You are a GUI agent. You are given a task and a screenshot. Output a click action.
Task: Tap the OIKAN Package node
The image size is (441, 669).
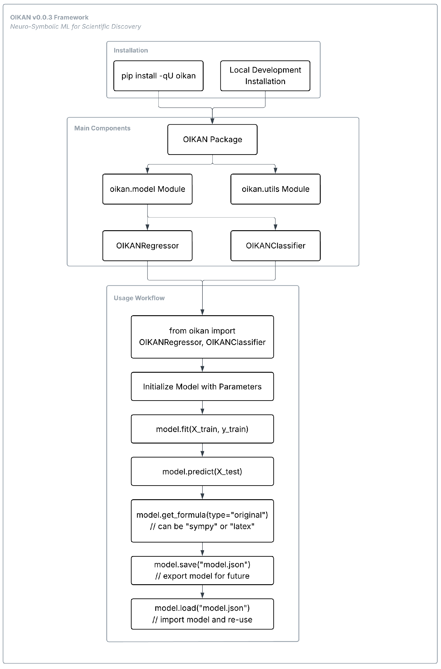pos(212,139)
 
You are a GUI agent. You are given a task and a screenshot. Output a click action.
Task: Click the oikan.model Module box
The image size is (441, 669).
pos(147,189)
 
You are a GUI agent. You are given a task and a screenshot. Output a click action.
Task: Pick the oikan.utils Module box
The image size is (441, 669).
pos(275,189)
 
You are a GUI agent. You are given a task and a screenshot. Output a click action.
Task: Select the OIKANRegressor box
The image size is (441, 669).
pos(147,246)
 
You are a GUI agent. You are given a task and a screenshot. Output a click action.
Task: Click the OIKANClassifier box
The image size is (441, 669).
pos(275,246)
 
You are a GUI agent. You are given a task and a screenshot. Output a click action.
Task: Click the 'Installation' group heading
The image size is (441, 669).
pos(131,50)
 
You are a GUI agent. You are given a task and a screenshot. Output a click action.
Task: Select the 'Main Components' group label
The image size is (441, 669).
pos(102,128)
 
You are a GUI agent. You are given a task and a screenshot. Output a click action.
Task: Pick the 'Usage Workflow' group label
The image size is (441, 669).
pos(139,298)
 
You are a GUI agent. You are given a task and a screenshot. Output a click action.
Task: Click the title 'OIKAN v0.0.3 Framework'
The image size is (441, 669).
pos(49,17)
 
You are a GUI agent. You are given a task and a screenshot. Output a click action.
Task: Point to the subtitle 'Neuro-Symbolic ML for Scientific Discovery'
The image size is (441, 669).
pos(75,26)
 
